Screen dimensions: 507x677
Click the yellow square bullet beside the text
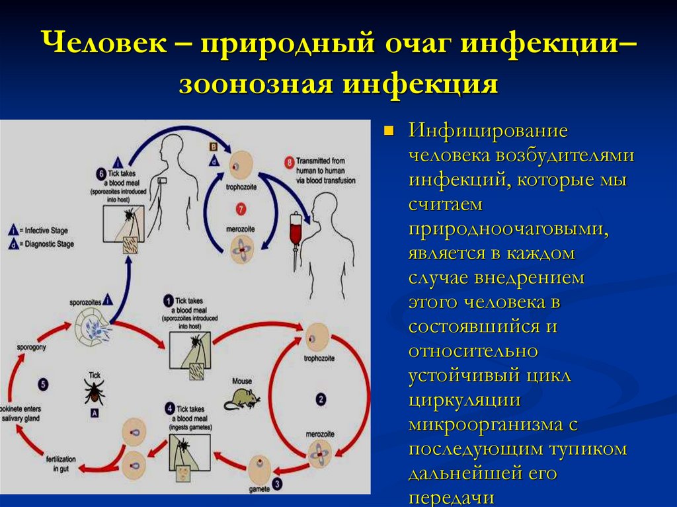pos(389,130)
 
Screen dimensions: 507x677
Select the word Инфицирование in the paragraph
pos(489,130)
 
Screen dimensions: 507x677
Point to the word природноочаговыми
pos(508,229)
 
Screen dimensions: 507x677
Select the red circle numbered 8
pos(289,161)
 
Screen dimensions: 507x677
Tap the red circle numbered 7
pos(241,208)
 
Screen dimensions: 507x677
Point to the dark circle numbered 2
pos(321,399)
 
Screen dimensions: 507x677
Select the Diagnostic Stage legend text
pos(48,244)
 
